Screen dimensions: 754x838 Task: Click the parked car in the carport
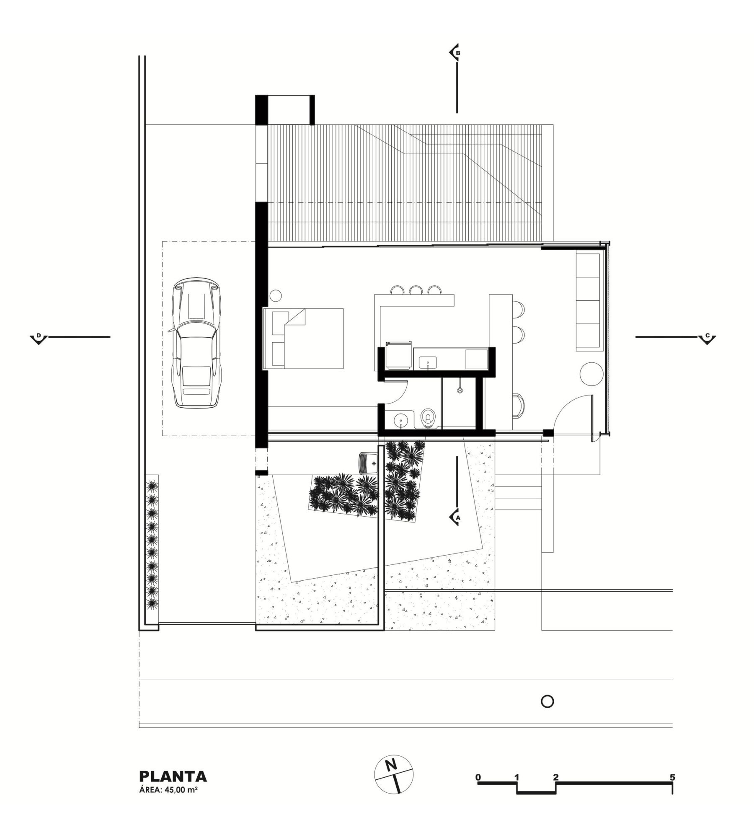click(196, 342)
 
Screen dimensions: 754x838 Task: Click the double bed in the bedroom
click(303, 339)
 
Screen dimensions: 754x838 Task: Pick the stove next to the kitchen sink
click(398, 356)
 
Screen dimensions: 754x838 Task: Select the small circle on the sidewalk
click(547, 701)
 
